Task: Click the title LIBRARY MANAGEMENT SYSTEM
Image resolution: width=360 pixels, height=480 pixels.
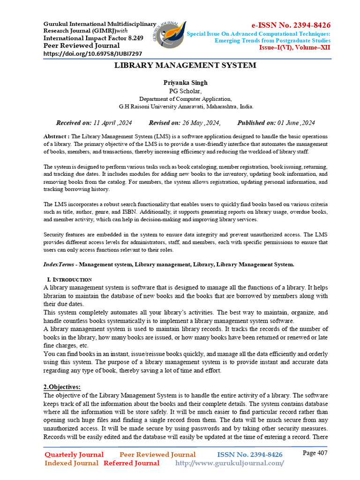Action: pyautogui.click(x=186, y=65)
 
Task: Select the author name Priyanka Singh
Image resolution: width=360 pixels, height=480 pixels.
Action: pyautogui.click(x=185, y=82)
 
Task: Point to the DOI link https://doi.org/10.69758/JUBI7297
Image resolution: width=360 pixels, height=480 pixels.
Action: pyautogui.click(x=93, y=53)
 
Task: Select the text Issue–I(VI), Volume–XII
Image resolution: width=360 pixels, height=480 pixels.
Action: pyautogui.click(x=295, y=48)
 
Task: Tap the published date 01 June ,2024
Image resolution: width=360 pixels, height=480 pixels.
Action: pyautogui.click(x=295, y=123)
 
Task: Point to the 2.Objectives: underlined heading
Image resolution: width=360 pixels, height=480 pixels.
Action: pyautogui.click(x=62, y=387)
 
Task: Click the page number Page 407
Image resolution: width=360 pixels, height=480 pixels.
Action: pyautogui.click(x=315, y=453)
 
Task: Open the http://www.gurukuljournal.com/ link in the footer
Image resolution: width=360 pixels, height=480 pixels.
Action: pyautogui.click(x=229, y=463)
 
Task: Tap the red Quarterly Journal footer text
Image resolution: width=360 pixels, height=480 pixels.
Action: pyautogui.click(x=74, y=455)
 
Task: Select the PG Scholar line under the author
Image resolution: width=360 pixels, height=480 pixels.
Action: pyautogui.click(x=185, y=91)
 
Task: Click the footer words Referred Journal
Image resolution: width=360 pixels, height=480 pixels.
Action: pyautogui.click(x=131, y=463)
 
